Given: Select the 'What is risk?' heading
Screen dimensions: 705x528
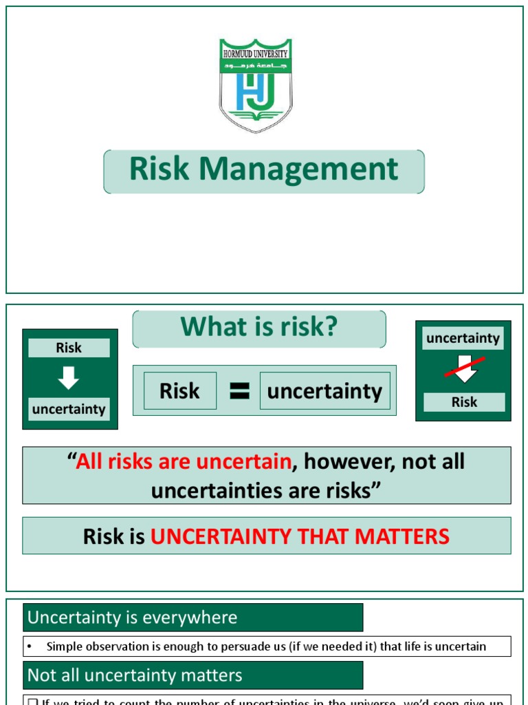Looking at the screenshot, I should (258, 327).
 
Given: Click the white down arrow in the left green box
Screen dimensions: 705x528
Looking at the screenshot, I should (69, 378).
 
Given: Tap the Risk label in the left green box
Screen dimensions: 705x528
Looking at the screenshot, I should (69, 348).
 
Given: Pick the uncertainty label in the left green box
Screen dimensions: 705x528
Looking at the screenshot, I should (69, 409).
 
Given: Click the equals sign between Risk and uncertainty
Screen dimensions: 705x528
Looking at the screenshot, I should (239, 391).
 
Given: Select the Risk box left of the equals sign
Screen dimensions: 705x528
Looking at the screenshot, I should (179, 391).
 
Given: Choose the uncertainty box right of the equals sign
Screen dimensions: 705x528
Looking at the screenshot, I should (324, 391).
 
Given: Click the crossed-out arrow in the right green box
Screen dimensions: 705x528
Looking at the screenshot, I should (465, 369).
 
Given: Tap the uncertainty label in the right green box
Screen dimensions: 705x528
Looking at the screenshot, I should (463, 338).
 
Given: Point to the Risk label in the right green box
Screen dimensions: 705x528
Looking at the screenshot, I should (464, 402).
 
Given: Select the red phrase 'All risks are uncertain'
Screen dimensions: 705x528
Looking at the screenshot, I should (184, 461).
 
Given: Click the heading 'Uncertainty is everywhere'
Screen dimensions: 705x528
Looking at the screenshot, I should (132, 618).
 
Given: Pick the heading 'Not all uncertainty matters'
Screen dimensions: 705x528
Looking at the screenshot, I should (135, 675).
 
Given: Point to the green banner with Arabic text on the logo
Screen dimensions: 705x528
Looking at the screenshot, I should (255, 65).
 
